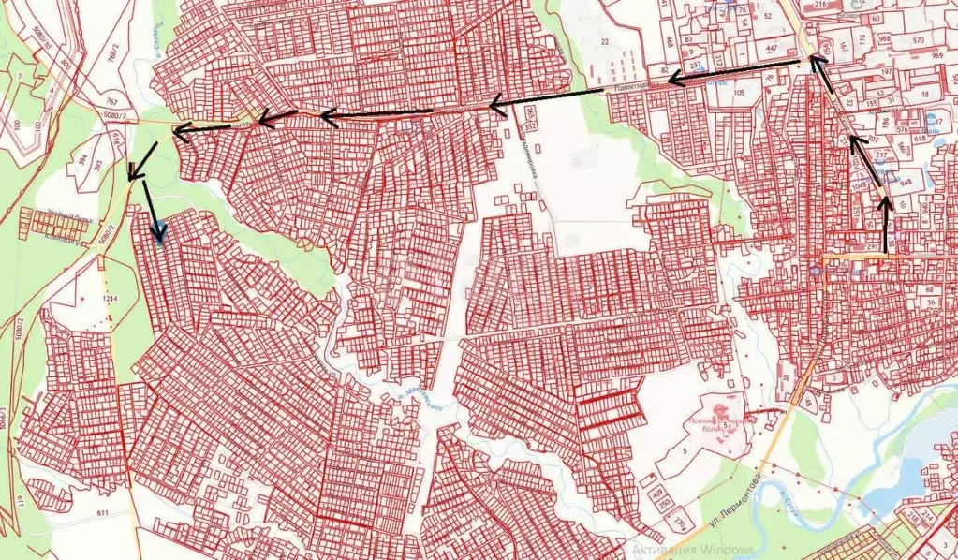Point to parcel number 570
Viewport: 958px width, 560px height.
(919, 40)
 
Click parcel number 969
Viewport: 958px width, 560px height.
(937, 55)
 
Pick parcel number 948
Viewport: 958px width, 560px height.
(905, 182)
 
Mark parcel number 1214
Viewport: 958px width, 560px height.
(111, 297)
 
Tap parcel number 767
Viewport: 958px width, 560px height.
(111, 101)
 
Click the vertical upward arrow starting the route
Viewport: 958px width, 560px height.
(886, 225)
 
